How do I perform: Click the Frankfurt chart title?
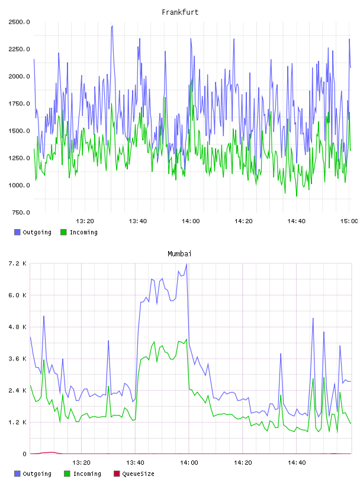coord(180,12)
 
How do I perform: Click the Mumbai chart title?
coord(179,254)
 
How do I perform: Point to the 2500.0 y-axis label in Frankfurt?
coord(19,22)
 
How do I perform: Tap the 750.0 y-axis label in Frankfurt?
coord(21,212)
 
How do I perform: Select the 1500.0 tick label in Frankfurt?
coord(19,131)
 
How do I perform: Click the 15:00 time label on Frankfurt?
coord(349,221)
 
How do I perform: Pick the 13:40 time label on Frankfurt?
coord(138,221)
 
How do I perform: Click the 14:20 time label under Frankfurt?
coord(243,221)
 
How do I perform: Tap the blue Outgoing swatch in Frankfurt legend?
coord(17,232)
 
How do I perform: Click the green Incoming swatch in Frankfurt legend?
coord(63,232)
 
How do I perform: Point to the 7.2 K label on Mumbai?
coord(18,263)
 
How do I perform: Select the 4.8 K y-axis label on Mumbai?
coord(18,327)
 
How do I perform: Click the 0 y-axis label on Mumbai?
coord(24,454)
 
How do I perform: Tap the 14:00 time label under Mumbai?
coord(189,463)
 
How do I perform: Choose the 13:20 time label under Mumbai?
coord(81,463)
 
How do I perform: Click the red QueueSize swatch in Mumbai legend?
coord(117,474)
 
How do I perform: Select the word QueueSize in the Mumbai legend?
coord(138,474)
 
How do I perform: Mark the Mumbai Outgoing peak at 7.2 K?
coord(187,265)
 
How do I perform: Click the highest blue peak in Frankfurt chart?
coord(112,26)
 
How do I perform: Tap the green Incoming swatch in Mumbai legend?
coord(67,474)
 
